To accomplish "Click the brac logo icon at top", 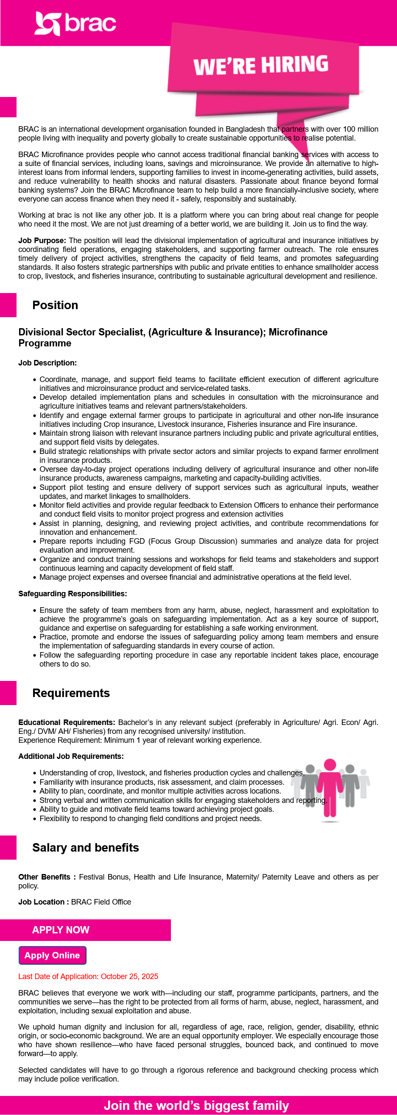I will pyautogui.click(x=47, y=23).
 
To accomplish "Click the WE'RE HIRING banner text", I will pyautogui.click(x=261, y=65).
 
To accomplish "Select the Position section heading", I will pyautogui.click(x=55, y=305).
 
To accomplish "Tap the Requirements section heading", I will pyautogui.click(x=71, y=693).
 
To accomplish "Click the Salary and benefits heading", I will pyautogui.click(x=85, y=847).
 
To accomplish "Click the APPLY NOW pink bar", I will pyautogui.click(x=85, y=930).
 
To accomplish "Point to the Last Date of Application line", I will pyautogui.click(x=88, y=976).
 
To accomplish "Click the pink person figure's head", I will pyautogui.click(x=330, y=764).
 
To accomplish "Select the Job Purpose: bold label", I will pyautogui.click(x=42, y=240).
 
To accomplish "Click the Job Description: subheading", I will pyautogui.click(x=47, y=363).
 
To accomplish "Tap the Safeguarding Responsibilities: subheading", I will pyautogui.click(x=73, y=593).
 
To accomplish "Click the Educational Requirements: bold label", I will pyautogui.click(x=66, y=722).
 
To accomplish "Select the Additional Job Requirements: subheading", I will pyautogui.click(x=71, y=756).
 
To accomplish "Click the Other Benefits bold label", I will pyautogui.click(x=47, y=877).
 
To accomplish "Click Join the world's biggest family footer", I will pyautogui.click(x=196, y=1105).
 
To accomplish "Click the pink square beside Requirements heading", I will pyautogui.click(x=8, y=693).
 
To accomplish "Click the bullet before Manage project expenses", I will pyautogui.click(x=35, y=578).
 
